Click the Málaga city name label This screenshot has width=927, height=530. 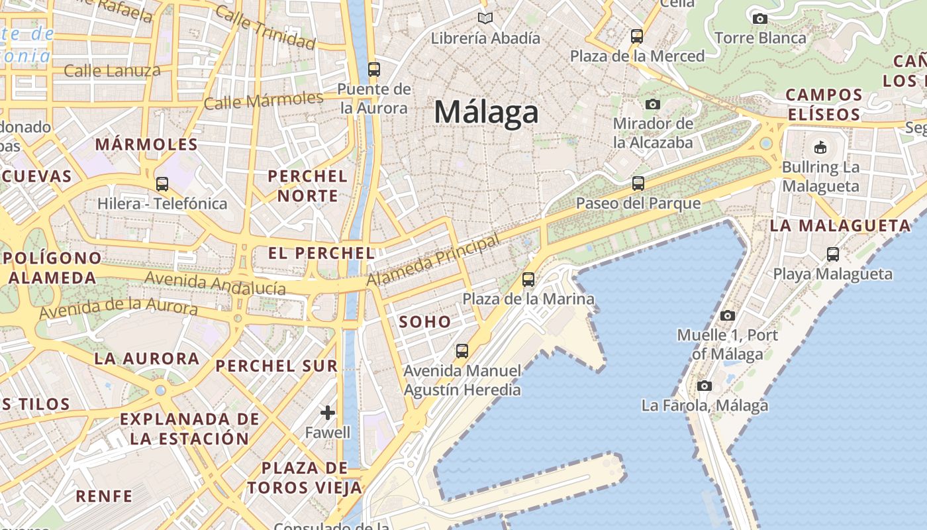click(486, 112)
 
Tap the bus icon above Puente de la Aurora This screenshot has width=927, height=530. click(374, 69)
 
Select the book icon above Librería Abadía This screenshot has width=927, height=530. click(485, 19)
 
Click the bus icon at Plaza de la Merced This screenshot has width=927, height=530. click(637, 36)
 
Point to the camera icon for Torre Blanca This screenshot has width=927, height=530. click(760, 19)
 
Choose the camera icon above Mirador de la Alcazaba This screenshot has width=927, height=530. click(653, 104)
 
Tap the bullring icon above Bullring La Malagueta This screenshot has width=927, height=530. click(820, 147)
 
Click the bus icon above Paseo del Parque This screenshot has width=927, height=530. click(638, 184)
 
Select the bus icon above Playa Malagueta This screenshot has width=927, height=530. click(833, 254)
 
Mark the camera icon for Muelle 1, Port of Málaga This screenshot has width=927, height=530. click(728, 315)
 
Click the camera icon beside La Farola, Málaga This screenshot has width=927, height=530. click(705, 386)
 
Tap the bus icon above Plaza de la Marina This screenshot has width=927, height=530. click(528, 280)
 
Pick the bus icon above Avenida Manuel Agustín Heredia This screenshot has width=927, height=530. click(462, 351)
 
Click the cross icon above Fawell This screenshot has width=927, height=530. click(328, 413)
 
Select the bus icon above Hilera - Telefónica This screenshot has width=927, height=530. click(162, 184)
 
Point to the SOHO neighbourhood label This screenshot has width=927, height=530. click(425, 322)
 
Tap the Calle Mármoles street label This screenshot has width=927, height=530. click(264, 101)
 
